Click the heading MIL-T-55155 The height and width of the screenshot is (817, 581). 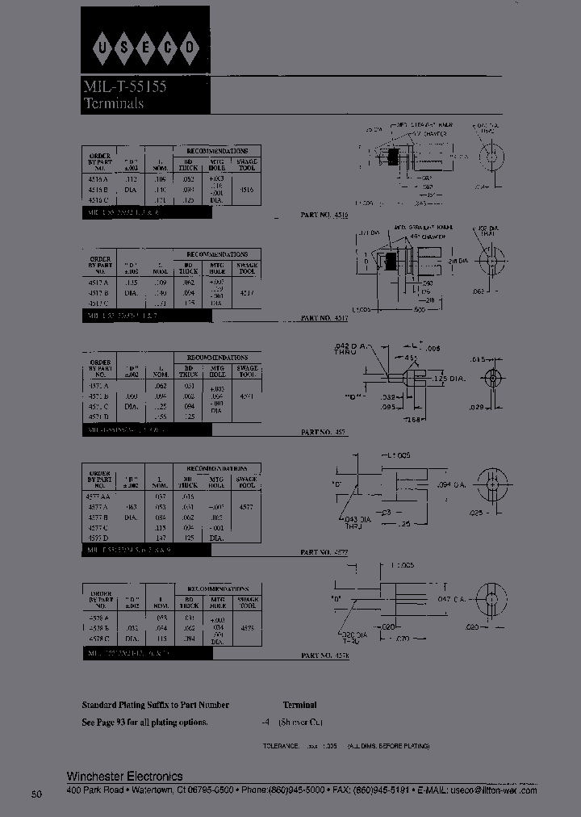[x=124, y=87]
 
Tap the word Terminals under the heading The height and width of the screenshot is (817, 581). [x=114, y=103]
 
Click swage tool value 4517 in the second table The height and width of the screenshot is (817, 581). [x=247, y=293]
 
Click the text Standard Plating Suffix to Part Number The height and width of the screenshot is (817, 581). [x=156, y=705]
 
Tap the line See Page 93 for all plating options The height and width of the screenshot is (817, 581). [x=145, y=722]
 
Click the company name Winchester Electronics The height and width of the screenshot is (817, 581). [x=124, y=776]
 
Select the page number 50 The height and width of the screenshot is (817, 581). [x=36, y=795]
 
